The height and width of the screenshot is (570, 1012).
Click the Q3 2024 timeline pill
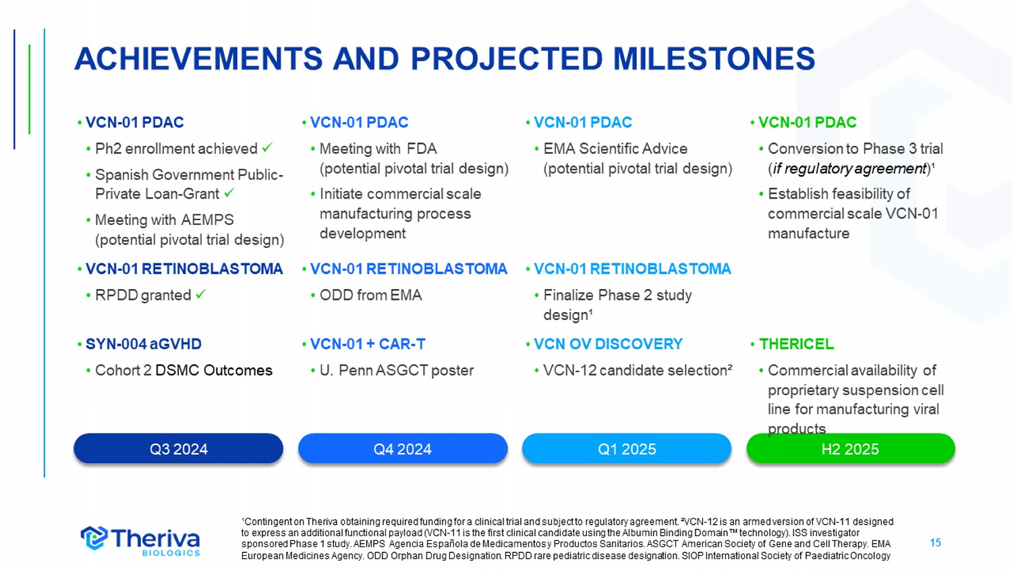179,448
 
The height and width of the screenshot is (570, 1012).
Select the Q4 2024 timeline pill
403,448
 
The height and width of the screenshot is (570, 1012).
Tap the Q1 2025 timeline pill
627,448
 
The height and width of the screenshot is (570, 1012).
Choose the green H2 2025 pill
851,448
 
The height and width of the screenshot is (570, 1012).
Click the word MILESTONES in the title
714,59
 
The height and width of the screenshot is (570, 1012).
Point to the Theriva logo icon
94,538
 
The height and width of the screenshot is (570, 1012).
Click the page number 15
935,542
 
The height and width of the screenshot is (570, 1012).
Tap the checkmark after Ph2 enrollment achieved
267,147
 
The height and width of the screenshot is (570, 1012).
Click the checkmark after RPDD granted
200,294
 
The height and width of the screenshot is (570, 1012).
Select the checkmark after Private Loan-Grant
229,192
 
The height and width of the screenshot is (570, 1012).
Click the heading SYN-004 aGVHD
144,344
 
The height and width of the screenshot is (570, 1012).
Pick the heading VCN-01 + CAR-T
368,344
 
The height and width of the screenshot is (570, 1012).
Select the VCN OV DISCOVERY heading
608,344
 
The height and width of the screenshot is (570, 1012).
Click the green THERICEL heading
796,344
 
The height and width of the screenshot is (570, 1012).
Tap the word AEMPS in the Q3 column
207,220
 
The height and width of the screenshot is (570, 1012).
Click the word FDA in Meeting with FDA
422,149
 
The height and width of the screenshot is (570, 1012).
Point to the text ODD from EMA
371,295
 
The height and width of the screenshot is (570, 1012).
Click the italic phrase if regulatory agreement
849,169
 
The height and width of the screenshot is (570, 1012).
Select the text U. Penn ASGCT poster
397,370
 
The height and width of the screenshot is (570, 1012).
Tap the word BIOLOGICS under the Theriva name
171,553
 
